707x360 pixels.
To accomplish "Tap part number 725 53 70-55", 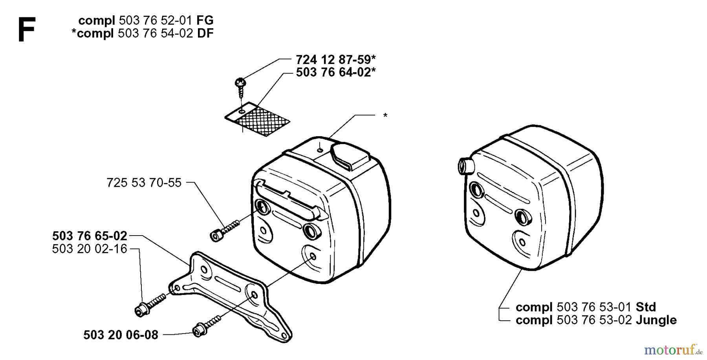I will click(144, 183).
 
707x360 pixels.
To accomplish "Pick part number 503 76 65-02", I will click(90, 236).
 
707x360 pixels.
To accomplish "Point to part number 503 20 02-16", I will click(90, 249).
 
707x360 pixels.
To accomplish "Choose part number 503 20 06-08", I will click(121, 335).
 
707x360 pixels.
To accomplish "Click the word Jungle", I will click(656, 320).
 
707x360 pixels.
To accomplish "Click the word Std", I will click(645, 307).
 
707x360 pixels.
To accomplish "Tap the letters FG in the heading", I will click(205, 20).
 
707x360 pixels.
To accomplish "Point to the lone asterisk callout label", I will click(385, 116).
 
